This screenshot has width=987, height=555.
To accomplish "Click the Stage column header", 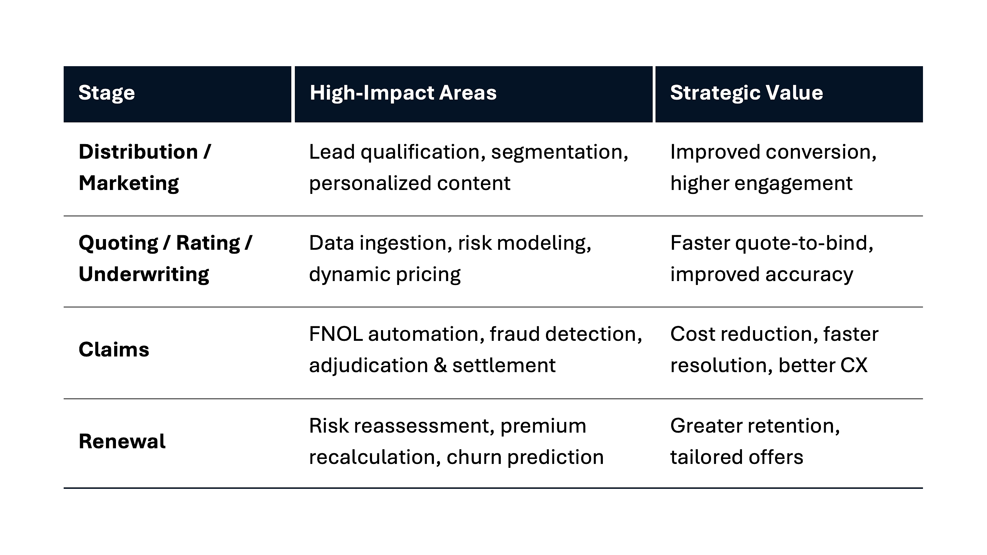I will click(x=106, y=93).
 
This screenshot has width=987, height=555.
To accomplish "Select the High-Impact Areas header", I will click(x=403, y=93).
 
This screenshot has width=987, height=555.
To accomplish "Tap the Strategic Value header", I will click(x=746, y=93).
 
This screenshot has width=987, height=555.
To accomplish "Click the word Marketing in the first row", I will click(x=128, y=183).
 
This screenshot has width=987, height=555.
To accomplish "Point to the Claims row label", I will click(x=114, y=350).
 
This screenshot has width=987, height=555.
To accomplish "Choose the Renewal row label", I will click(x=122, y=441).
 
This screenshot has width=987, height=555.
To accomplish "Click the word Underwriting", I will click(x=144, y=274).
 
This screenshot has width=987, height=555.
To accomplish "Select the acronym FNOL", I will click(x=336, y=334).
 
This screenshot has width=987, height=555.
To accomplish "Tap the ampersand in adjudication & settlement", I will click(x=440, y=365).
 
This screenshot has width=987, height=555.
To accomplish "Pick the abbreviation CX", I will click(x=854, y=365).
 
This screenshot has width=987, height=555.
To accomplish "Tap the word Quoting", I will click(x=118, y=243).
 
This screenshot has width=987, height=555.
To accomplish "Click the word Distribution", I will click(x=138, y=152).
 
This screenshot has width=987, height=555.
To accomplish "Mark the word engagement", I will click(x=793, y=183).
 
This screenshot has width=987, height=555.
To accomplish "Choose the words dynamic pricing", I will click(x=385, y=274).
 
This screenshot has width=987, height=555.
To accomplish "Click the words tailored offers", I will click(x=736, y=457).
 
